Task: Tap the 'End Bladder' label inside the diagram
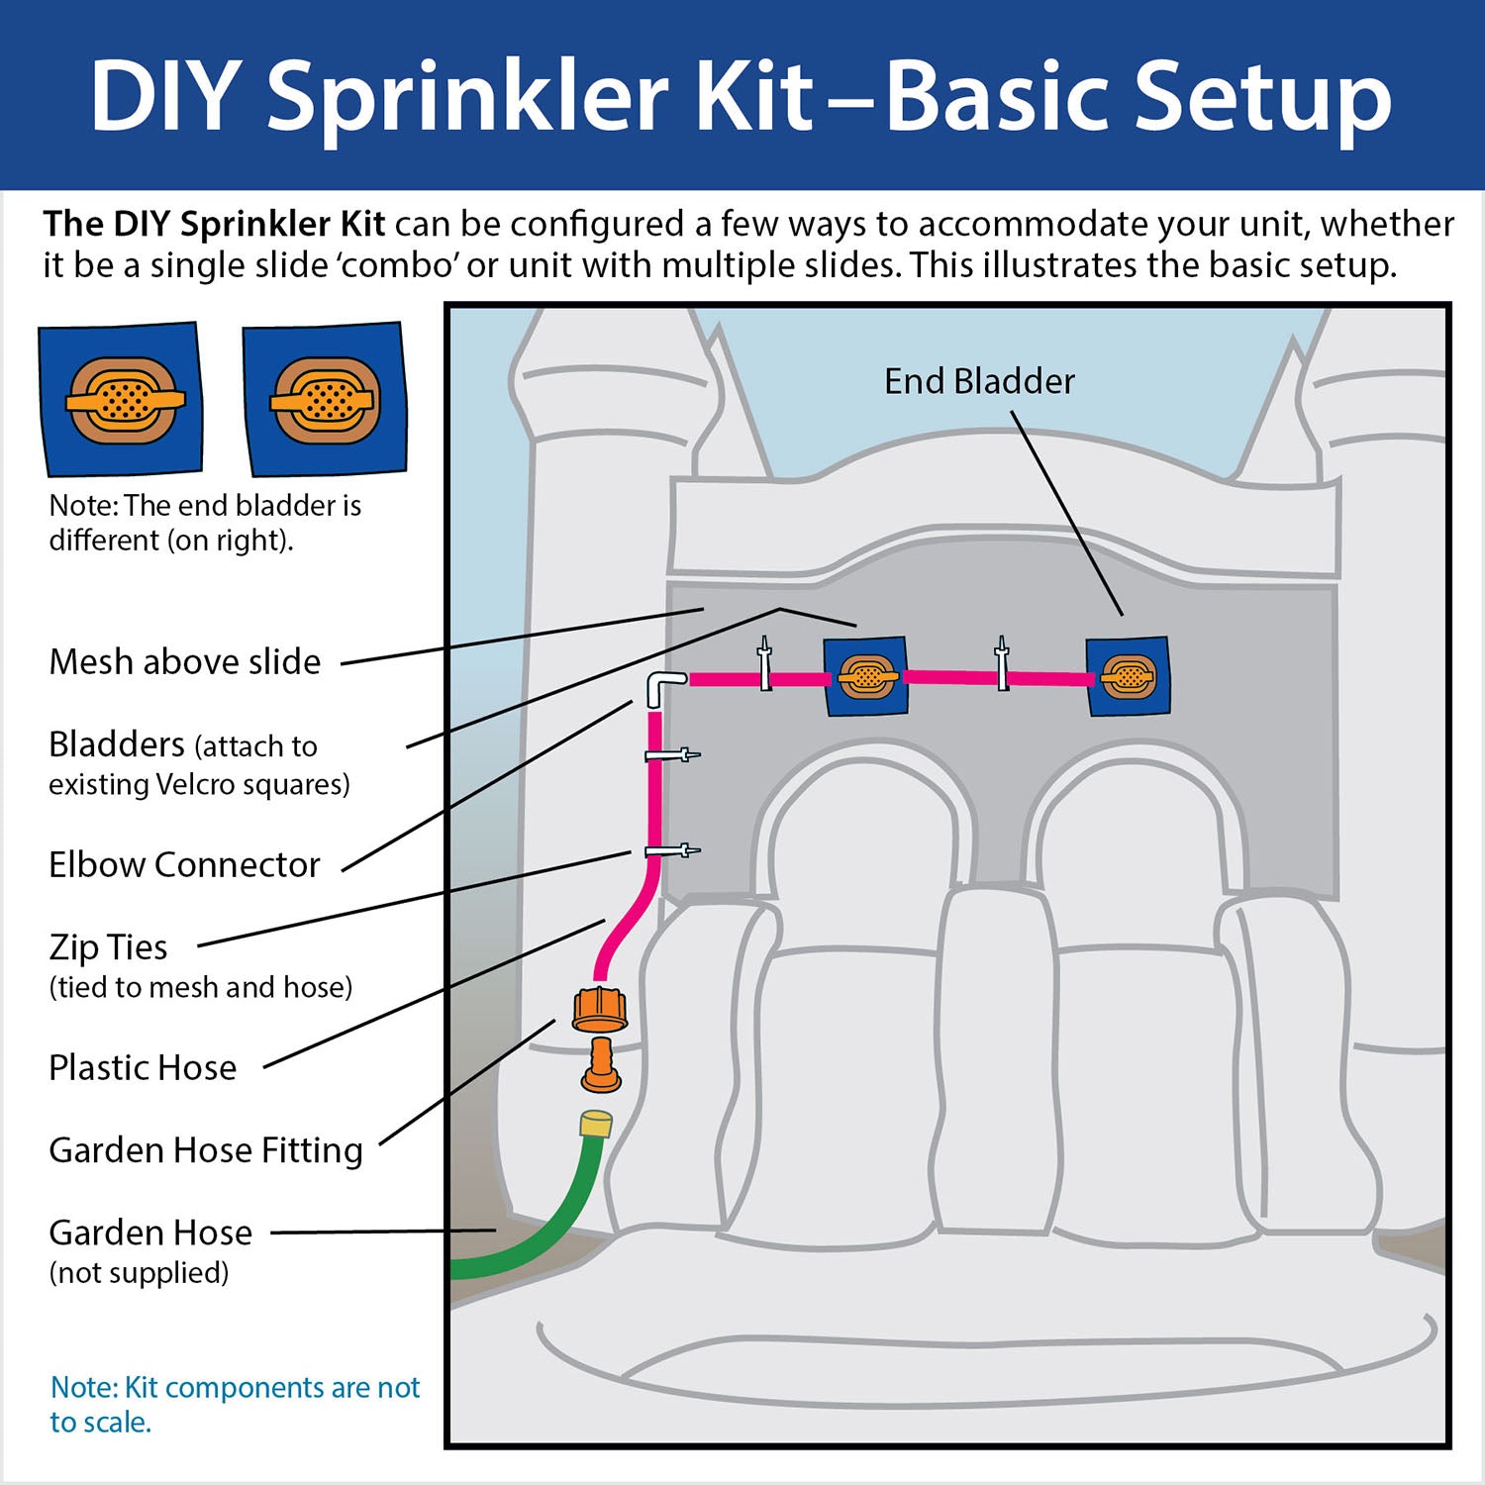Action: pyautogui.click(x=978, y=381)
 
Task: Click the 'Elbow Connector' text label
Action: pyautogui.click(x=184, y=864)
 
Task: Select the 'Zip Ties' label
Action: pyautogui.click(x=108, y=947)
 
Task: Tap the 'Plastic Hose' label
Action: pyautogui.click(x=143, y=1067)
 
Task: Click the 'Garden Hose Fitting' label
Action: pyautogui.click(x=206, y=1150)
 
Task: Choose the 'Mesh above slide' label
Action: pyautogui.click(x=185, y=661)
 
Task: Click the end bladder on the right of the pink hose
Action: pyautogui.click(x=1128, y=677)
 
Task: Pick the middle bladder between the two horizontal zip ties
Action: pyautogui.click(x=866, y=677)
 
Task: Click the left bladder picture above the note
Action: pyautogui.click(x=121, y=399)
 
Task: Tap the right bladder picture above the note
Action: pyautogui.click(x=325, y=399)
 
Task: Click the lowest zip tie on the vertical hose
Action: pyautogui.click(x=671, y=850)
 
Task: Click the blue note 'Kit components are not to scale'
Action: pyautogui.click(x=235, y=1404)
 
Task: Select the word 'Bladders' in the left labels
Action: pyautogui.click(x=117, y=743)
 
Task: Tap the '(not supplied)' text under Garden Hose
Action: pyautogui.click(x=139, y=1272)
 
